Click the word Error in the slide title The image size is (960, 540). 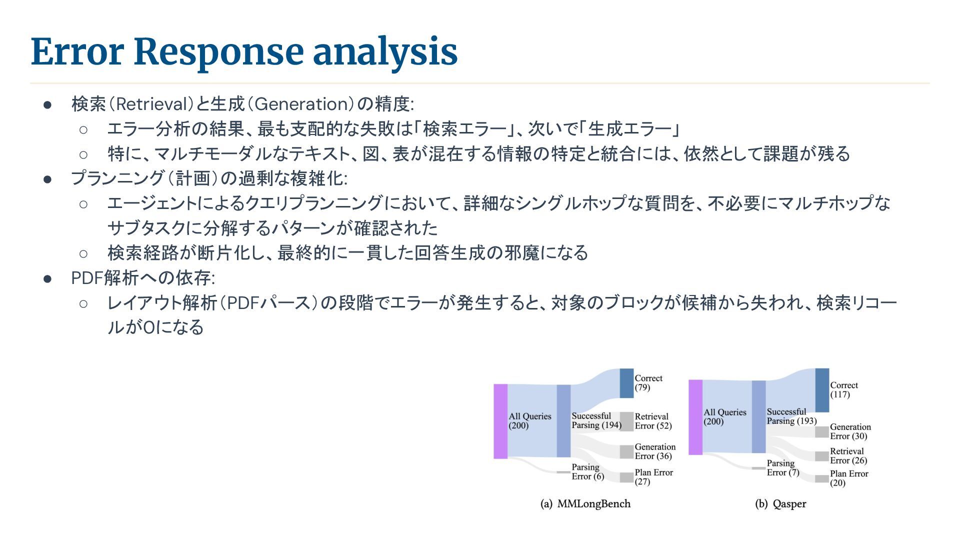[77, 51]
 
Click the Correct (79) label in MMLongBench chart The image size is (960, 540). [648, 383]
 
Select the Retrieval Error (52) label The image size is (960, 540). [653, 421]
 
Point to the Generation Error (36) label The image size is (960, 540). [655, 451]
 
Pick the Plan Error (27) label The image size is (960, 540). [653, 477]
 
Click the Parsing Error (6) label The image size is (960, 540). [587, 471]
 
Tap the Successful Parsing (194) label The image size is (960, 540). [596, 420]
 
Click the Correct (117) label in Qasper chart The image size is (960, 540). [844, 390]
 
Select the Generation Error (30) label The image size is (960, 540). [850, 431]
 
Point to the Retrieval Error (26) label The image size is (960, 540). [848, 456]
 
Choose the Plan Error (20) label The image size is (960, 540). [849, 478]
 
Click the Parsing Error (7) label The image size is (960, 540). [782, 468]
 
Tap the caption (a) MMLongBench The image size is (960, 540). [585, 504]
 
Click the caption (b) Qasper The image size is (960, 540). [780, 504]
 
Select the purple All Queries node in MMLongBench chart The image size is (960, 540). [500, 421]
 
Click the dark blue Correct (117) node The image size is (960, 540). [822, 390]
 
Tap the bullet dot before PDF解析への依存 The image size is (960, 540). [47, 278]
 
